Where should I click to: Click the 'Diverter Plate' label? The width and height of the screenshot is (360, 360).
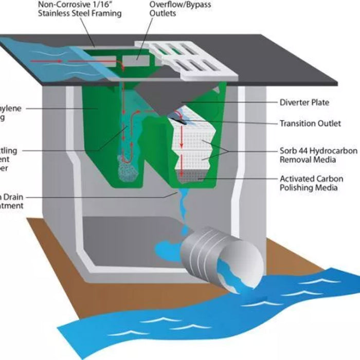click(x=304, y=102)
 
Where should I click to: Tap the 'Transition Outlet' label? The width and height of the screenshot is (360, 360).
click(x=308, y=123)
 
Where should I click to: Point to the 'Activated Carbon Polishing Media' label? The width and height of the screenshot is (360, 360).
click(x=309, y=183)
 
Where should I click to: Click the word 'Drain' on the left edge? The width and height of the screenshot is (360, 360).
click(x=12, y=196)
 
